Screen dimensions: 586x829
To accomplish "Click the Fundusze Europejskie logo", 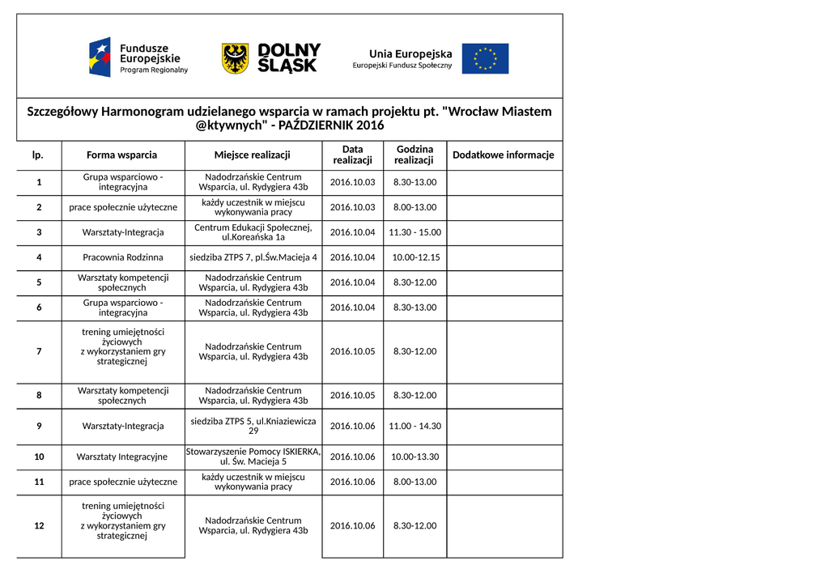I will click(138, 58).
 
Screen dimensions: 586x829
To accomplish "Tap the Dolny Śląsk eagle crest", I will click(235, 58).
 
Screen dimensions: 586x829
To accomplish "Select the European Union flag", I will click(485, 58).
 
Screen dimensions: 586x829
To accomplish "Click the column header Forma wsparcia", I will click(122, 155).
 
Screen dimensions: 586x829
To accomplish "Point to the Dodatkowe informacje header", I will click(504, 155).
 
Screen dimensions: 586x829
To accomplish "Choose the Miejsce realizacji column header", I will click(253, 155).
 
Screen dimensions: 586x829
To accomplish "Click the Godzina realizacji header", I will click(414, 155).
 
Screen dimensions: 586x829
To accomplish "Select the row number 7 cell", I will click(39, 351).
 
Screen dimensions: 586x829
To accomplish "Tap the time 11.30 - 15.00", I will click(414, 232).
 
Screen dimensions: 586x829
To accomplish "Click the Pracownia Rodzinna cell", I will click(123, 257).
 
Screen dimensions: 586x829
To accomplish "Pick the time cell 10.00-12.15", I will click(414, 257).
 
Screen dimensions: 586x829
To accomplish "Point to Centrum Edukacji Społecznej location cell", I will click(253, 232).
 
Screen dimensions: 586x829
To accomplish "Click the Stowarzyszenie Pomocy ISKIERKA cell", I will click(253, 456).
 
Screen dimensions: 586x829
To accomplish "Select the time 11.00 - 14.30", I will click(414, 426).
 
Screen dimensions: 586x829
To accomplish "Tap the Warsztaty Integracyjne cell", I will click(122, 456).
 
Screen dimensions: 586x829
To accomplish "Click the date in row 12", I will click(352, 525).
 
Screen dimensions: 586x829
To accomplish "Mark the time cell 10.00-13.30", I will click(414, 456).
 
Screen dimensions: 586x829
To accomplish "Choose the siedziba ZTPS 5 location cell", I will click(253, 426).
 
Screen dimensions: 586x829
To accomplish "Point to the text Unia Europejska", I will click(410, 53).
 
